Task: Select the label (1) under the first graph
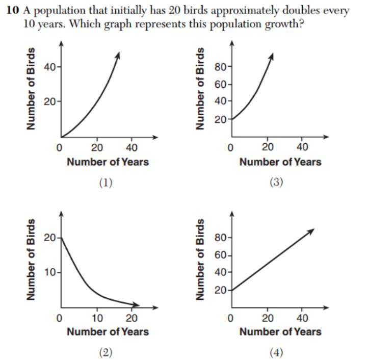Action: [106, 183]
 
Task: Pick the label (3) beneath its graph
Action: [276, 183]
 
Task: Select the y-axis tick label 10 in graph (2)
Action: [48, 272]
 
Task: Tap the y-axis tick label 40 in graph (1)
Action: [49, 67]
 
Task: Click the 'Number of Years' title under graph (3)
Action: [280, 162]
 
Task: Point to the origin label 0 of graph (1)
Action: [60, 148]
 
